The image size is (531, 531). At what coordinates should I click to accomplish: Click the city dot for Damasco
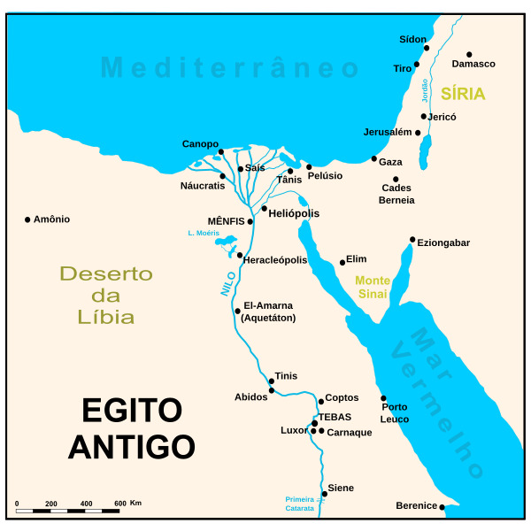pos(469,54)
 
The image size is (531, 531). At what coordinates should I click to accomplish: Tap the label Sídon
pos(412,40)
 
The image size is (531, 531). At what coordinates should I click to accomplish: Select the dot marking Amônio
pos(27,219)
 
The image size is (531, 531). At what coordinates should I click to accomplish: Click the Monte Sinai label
pos(373,287)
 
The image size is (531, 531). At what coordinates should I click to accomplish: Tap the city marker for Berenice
pos(442,507)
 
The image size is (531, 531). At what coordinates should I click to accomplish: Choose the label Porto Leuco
pos(395,413)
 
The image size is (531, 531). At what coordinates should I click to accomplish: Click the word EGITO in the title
pos(132,411)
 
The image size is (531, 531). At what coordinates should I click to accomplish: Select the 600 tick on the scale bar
pos(119,504)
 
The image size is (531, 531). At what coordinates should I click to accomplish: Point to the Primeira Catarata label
pos(300,504)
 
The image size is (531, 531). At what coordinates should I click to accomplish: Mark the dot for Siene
pos(325,494)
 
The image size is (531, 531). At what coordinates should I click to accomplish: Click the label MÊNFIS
pos(226,220)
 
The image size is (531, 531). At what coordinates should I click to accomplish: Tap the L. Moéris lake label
pos(203,233)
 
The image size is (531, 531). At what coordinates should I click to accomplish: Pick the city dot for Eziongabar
pos(412,239)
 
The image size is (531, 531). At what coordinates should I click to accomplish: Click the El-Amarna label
pos(267,305)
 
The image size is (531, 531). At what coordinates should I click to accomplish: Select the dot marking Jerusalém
pos(418,133)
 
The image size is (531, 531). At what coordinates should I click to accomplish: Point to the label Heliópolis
pos(294,213)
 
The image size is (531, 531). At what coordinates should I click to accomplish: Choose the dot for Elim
pos(342,262)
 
